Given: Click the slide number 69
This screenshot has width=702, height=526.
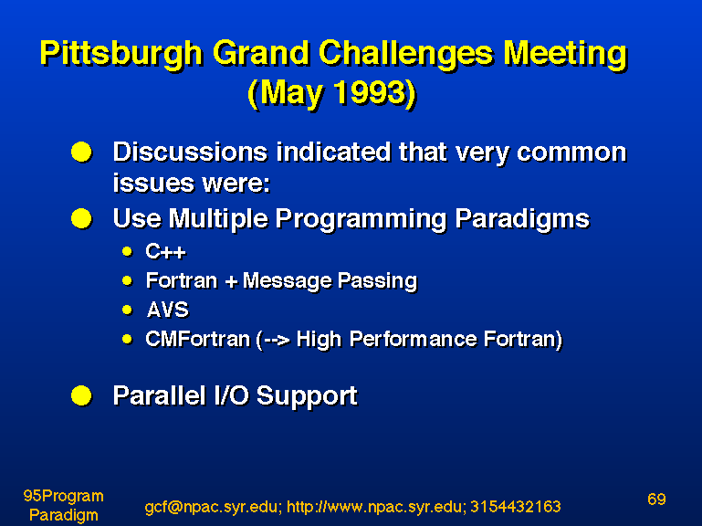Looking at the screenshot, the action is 656,500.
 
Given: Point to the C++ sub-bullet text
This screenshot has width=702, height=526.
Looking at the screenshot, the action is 165,252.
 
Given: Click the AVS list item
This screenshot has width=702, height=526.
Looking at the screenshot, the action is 168,310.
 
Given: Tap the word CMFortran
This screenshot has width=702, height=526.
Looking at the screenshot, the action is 197,339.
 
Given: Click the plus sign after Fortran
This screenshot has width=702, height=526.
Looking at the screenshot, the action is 231,282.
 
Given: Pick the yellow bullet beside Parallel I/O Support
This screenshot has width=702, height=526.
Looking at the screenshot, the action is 81,395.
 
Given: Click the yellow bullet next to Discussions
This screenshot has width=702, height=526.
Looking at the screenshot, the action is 81,152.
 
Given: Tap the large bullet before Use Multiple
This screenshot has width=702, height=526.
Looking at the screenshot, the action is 81,218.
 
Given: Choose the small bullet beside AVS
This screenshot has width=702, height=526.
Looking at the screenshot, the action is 128,310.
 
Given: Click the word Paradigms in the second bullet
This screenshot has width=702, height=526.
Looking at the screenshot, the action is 522,219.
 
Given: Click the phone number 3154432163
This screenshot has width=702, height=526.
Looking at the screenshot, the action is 515,506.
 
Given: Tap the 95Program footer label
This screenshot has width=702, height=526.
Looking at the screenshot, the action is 63,497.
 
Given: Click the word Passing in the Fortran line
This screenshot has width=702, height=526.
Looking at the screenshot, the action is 377,282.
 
